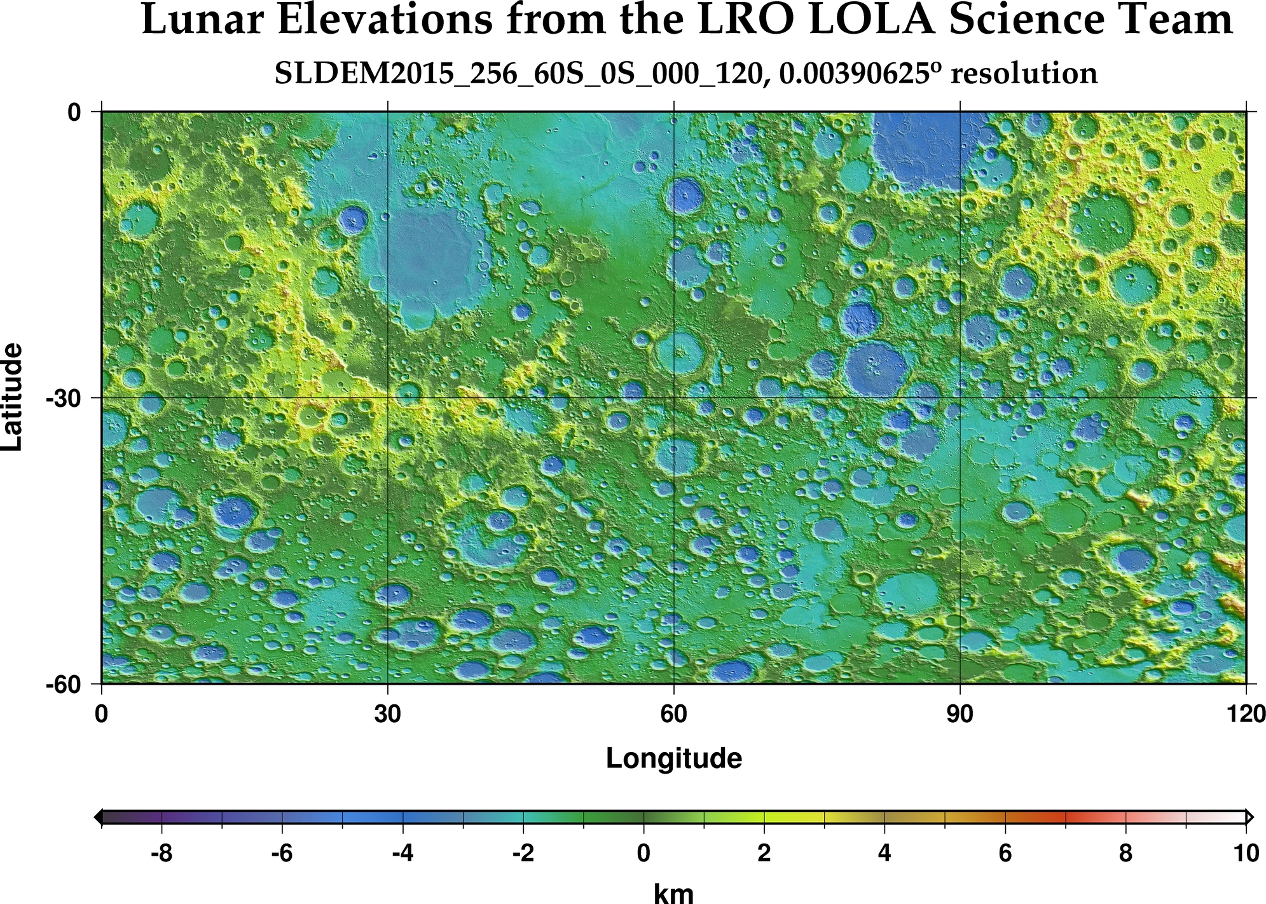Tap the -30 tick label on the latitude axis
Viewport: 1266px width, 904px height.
coord(64,399)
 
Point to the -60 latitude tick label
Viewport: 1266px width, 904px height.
coord(64,685)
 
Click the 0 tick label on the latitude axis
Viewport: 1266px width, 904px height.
coord(75,113)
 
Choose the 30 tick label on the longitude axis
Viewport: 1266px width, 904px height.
coord(387,715)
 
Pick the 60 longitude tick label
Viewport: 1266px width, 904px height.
coord(673,715)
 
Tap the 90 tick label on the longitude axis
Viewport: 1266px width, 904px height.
coord(960,715)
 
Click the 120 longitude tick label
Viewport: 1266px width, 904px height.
coord(1244,715)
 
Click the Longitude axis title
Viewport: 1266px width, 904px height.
coord(674,758)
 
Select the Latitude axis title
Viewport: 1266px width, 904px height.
coord(13,397)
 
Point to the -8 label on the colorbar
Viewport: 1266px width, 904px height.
coord(162,853)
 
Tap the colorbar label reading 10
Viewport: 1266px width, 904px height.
coord(1245,853)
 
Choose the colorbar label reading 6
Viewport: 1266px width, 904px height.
coord(1005,853)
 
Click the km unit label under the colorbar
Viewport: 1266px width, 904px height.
coord(674,893)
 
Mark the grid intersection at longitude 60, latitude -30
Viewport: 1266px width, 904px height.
coord(673,398)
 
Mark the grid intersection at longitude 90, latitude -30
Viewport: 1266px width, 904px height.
coord(960,398)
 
